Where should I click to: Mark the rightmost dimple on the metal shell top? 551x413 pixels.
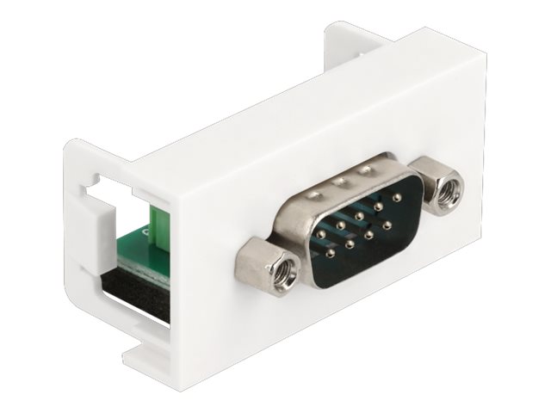(365, 170)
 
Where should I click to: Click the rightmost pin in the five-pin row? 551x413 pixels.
(397, 197)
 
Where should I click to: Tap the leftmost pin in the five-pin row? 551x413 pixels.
(320, 234)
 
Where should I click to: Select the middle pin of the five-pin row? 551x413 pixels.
(359, 215)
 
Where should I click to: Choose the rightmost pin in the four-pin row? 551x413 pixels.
(387, 225)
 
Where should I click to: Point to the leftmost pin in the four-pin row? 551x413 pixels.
(330, 253)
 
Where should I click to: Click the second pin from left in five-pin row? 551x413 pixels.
(340, 225)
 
